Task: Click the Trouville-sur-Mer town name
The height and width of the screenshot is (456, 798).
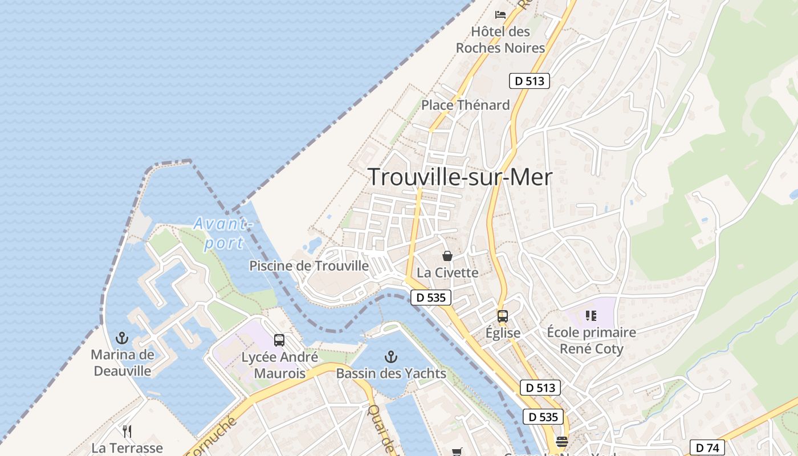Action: pyautogui.click(x=460, y=177)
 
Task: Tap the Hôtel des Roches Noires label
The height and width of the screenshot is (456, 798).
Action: pyautogui.click(x=500, y=40)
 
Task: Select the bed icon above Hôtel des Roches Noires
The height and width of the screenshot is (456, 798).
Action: pyautogui.click(x=500, y=15)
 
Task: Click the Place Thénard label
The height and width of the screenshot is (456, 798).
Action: pyautogui.click(x=465, y=105)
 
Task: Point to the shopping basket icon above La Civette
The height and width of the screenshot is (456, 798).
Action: pyautogui.click(x=447, y=256)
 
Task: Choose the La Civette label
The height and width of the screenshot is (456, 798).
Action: pyautogui.click(x=447, y=272)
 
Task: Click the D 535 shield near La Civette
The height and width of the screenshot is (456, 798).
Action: pyautogui.click(x=431, y=297)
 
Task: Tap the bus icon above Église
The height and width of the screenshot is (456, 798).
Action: pyautogui.click(x=502, y=316)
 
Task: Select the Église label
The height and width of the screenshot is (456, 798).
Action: pyautogui.click(x=503, y=333)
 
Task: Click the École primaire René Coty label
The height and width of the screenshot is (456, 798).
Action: pyautogui.click(x=591, y=340)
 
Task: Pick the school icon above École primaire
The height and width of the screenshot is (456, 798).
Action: pyautogui.click(x=591, y=315)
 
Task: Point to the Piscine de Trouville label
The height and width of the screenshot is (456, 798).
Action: pyautogui.click(x=309, y=266)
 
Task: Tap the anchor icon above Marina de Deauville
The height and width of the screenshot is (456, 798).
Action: pyautogui.click(x=122, y=338)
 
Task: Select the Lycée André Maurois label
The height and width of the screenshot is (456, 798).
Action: pyautogui.click(x=279, y=365)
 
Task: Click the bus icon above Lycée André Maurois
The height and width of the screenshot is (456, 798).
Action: pyautogui.click(x=279, y=340)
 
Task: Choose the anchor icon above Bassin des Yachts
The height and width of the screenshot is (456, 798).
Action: pyautogui.click(x=390, y=357)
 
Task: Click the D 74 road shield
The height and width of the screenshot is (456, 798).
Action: pyautogui.click(x=707, y=448)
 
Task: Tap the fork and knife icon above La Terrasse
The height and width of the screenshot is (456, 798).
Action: pyautogui.click(x=127, y=431)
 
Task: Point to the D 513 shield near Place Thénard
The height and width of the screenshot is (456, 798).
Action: pyautogui.click(x=529, y=81)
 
